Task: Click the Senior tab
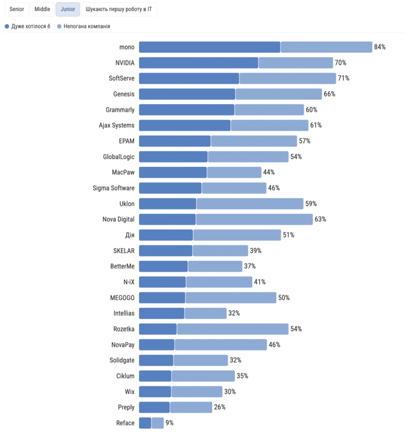pos(17,9)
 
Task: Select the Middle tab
pos(42,9)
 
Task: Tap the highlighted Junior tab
pos(68,9)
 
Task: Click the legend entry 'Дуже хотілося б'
pos(27,26)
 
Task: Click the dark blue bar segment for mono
pos(209,47)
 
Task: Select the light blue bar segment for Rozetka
pos(233,329)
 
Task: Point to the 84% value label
pos(380,47)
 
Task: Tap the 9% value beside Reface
pos(170,423)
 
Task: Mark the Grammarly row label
pos(120,110)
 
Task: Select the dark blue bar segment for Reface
pos(145,423)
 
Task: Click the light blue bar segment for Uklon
pos(250,204)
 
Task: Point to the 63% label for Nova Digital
pos(320,219)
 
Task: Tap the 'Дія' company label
pos(129,235)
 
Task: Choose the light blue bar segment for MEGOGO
pos(231,298)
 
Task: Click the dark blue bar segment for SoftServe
pos(189,78)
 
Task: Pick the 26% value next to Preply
pos(219,407)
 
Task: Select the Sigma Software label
pos(114,188)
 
